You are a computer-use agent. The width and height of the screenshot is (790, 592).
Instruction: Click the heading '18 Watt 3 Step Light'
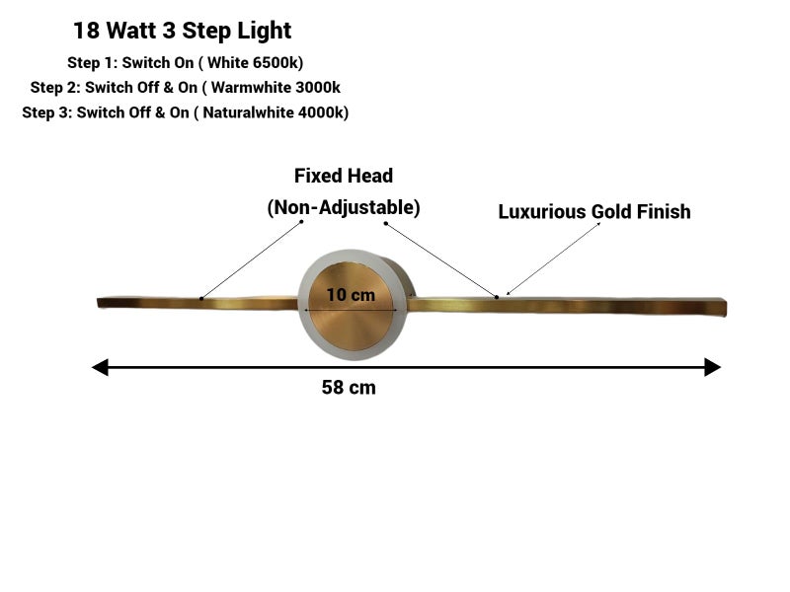[x=183, y=31]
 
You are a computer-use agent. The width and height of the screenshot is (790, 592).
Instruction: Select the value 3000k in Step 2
[x=317, y=88]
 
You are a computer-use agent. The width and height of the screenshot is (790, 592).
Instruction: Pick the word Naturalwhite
[x=249, y=112]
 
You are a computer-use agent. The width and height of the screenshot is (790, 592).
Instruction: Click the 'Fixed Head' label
[x=344, y=176]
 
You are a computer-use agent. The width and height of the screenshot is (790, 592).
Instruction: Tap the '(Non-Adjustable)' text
[x=344, y=207]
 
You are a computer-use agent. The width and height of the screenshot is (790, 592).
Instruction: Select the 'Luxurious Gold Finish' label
[x=594, y=212]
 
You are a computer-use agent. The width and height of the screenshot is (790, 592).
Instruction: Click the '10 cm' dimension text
[x=351, y=294]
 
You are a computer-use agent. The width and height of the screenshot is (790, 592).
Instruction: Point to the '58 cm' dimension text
[x=349, y=388]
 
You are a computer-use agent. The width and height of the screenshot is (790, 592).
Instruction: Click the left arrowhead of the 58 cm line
[x=100, y=367]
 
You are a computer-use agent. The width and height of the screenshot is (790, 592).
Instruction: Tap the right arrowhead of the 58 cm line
[x=712, y=367]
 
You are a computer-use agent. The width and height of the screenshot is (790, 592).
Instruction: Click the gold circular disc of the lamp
[x=352, y=306]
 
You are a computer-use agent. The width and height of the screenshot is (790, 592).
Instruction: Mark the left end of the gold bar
[x=98, y=303]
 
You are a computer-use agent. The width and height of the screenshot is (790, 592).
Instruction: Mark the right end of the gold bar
[x=726, y=308]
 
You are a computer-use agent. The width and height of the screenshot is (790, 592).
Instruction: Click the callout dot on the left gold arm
[x=201, y=299]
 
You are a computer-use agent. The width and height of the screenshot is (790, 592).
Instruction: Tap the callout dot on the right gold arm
[x=497, y=297]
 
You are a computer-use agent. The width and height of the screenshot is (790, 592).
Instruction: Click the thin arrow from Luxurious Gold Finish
[x=553, y=259]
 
